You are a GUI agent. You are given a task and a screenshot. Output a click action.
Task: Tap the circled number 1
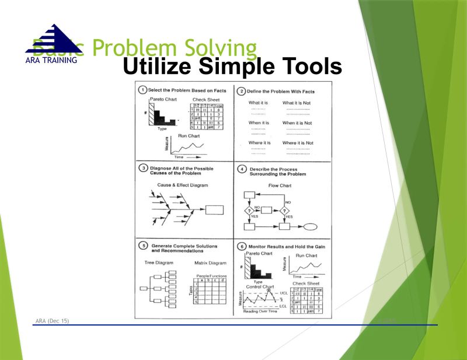click(142, 90)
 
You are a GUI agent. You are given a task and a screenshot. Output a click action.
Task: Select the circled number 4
click(241, 170)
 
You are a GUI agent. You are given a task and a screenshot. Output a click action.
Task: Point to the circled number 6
click(241, 247)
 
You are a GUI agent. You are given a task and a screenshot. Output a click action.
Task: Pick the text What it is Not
click(297, 103)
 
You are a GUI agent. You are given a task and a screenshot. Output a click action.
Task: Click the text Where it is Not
click(298, 143)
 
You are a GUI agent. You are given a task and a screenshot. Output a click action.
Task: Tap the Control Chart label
click(260, 286)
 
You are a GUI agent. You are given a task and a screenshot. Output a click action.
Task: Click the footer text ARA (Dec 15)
click(52, 321)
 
